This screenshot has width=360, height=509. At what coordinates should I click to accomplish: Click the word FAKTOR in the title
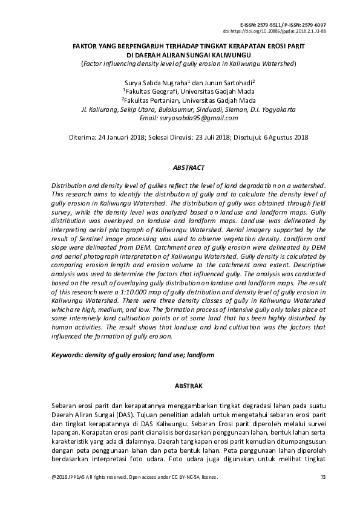pyautogui.click(x=87, y=47)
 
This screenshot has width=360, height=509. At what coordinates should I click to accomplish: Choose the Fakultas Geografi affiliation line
pyautogui.click(x=180, y=91)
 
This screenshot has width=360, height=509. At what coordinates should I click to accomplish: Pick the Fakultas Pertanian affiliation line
pyautogui.click(x=180, y=100)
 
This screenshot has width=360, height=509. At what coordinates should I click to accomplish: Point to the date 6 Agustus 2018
pyautogui.click(x=287, y=137)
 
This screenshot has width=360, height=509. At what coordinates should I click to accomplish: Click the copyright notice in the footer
pyautogui.click(x=134, y=478)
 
